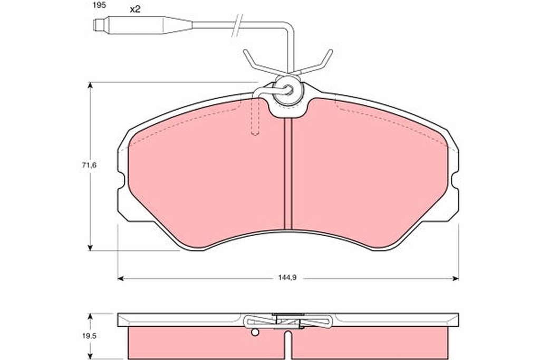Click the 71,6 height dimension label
point(89,165)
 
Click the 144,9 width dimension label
point(287,278)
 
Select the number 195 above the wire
point(99,5)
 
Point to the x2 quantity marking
point(135,9)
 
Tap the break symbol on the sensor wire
point(237,25)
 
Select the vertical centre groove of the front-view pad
point(287,174)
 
